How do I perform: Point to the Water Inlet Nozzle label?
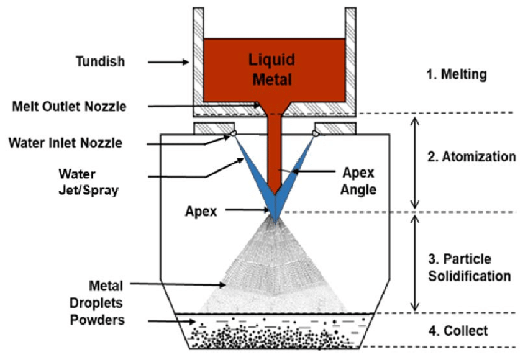click(66, 143)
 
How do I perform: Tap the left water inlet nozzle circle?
click(232, 133)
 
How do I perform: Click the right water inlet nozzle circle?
click(316, 133)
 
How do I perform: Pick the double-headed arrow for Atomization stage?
click(414, 163)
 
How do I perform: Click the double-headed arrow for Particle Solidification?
click(414, 262)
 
